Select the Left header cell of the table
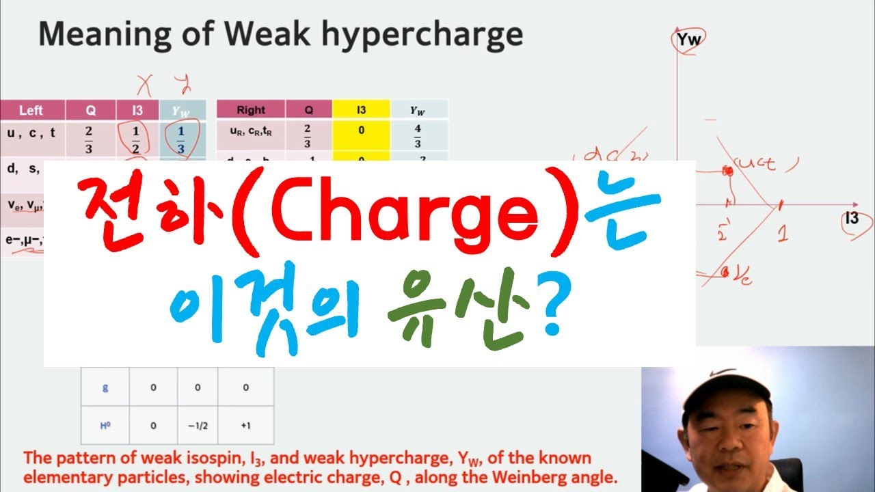click(x=31, y=110)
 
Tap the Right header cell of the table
click(x=251, y=110)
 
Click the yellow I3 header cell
click(x=361, y=109)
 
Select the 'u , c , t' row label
click(x=31, y=135)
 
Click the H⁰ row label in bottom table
click(x=105, y=426)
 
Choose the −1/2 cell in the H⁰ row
click(x=197, y=426)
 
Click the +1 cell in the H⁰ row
click(x=245, y=426)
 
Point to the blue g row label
click(x=105, y=387)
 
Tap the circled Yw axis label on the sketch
click(x=688, y=41)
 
